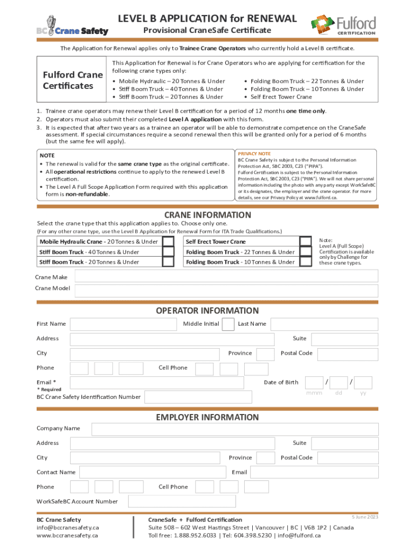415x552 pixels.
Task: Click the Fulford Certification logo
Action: click(x=343, y=24)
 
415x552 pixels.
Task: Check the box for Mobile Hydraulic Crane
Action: click(x=169, y=241)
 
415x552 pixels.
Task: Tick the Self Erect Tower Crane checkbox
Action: click(x=306, y=241)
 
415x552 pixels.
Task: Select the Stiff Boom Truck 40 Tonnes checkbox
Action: click(x=169, y=252)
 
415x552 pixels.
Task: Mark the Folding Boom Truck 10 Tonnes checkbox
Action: click(x=306, y=262)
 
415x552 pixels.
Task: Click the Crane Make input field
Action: click(x=226, y=277)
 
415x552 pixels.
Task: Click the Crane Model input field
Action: click(x=226, y=291)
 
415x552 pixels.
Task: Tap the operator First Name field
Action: click(x=123, y=324)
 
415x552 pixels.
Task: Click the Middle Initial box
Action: click(x=228, y=324)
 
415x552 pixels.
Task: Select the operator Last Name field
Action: click(x=324, y=324)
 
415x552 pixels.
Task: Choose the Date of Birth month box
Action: click(x=314, y=383)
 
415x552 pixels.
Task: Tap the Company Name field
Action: click(x=234, y=429)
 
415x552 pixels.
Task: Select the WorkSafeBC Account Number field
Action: click(x=253, y=501)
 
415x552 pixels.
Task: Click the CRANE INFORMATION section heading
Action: click(x=207, y=215)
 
